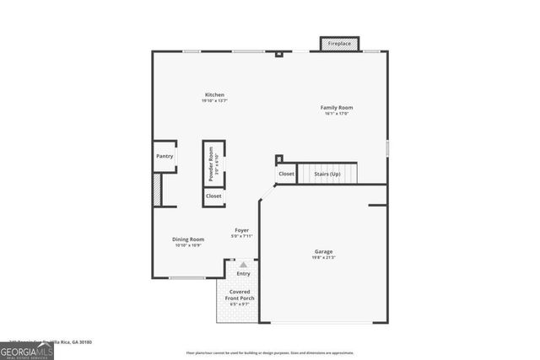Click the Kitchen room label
tap(214, 94)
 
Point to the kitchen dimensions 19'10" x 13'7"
tap(214, 101)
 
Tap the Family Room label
tap(336, 107)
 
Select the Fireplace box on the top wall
tap(340, 43)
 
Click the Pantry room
tap(165, 156)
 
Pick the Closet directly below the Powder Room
tap(213, 196)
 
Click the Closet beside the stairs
tap(287, 175)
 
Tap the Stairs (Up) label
tap(327, 175)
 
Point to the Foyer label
tap(242, 229)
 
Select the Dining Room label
tap(188, 239)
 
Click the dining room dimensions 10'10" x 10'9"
tap(188, 245)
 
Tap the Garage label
tap(324, 251)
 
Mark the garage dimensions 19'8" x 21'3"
tap(324, 258)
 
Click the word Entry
tap(243, 273)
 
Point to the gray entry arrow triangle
tap(243, 265)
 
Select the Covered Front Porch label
tap(240, 298)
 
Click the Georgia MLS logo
tap(27, 350)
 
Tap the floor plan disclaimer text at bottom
tap(269, 352)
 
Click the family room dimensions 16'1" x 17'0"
tap(336, 114)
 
